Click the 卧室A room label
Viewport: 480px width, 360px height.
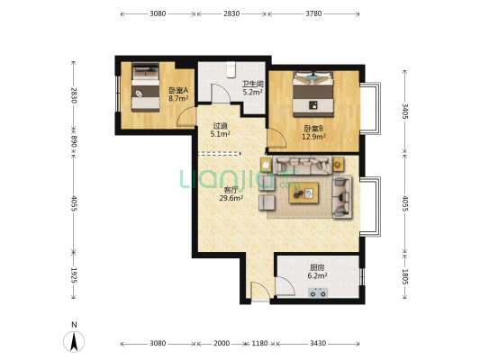pos(178,91)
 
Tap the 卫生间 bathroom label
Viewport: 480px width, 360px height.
pos(253,84)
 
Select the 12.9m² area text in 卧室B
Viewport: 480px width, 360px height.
pos(313,137)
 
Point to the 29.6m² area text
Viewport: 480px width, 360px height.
pos(231,198)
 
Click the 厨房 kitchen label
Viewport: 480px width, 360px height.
pos(317,268)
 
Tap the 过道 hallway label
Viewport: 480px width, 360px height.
pos(220,126)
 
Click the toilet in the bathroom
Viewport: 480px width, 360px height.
pos(231,69)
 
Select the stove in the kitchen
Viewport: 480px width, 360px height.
pos(318,292)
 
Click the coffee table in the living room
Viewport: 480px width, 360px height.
pos(303,193)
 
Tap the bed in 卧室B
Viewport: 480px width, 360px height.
pos(312,94)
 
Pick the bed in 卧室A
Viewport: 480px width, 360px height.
pos(145,87)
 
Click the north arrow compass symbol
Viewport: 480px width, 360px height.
pos(74,341)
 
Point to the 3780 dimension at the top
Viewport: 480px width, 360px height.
pos(313,13)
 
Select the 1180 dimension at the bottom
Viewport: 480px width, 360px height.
pos(259,344)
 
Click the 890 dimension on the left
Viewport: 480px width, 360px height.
pos(74,141)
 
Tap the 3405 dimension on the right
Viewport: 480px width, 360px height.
pos(405,111)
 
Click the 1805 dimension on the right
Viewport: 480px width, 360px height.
pos(405,276)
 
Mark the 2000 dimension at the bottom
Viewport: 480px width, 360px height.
pos(222,344)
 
